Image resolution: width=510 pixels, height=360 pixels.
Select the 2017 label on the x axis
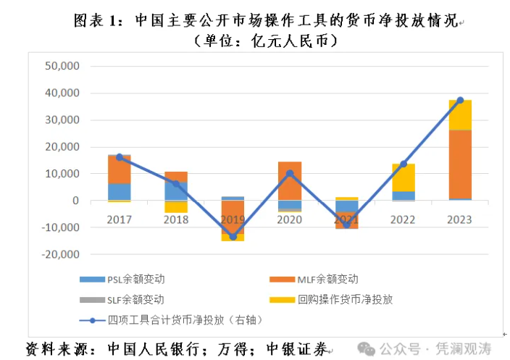tap(119, 219)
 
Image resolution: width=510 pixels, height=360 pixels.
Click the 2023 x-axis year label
tap(460, 219)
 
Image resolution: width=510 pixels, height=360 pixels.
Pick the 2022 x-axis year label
tap(403, 219)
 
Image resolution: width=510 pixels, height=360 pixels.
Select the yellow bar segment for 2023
tap(460, 114)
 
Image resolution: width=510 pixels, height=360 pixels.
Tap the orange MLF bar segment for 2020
tap(290, 180)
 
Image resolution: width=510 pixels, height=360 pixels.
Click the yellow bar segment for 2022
tap(404, 177)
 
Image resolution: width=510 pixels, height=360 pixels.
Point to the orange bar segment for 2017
tap(119, 169)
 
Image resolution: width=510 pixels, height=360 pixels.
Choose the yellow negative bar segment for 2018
tap(176, 206)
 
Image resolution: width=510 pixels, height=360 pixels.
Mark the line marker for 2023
tap(460, 100)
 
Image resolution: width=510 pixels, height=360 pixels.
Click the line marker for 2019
tap(233, 236)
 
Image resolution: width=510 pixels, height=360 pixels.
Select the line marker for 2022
tap(404, 164)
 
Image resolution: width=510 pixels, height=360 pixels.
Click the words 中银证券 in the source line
tap(297, 348)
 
